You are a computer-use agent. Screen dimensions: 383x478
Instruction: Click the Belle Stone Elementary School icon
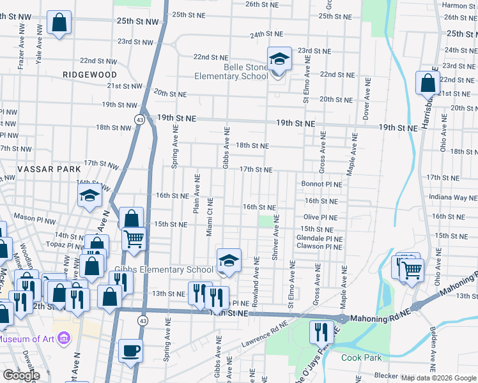(x=279, y=59)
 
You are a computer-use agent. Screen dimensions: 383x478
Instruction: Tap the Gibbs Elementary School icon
(x=229, y=260)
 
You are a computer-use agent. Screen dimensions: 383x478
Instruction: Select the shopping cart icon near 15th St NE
(x=134, y=239)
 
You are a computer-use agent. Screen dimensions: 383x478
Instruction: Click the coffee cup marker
(x=131, y=350)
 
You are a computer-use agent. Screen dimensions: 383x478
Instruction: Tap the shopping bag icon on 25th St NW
(x=59, y=23)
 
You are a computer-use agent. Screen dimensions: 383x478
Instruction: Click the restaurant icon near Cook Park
(x=321, y=331)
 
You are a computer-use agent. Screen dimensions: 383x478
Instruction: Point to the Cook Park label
(x=362, y=357)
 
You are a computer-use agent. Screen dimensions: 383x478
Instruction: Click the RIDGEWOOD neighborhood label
(x=90, y=75)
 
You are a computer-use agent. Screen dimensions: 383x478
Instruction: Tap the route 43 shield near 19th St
(x=139, y=119)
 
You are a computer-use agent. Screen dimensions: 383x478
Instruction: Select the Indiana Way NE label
(x=454, y=198)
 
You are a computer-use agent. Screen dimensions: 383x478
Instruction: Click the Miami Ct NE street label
(x=209, y=217)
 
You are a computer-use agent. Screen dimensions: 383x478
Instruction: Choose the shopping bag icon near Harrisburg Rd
(x=427, y=82)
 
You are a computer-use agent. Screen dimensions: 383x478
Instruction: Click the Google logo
(x=22, y=375)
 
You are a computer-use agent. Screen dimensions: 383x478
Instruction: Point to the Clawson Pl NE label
(x=319, y=246)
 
